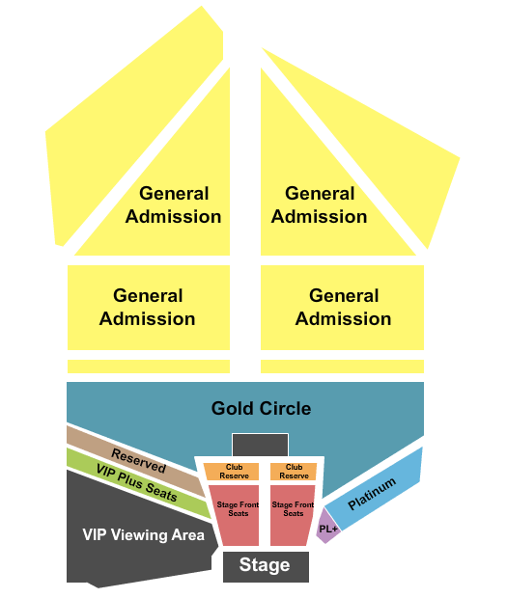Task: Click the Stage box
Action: [266, 566]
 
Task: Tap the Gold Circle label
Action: [261, 408]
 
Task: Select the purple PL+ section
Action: [327, 527]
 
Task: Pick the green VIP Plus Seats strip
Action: [137, 482]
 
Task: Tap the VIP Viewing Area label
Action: [143, 535]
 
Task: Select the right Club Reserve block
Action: [294, 472]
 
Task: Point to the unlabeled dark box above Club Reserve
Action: [260, 445]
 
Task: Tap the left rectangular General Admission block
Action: [149, 308]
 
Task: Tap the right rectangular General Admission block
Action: [342, 308]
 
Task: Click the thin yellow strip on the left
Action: [149, 367]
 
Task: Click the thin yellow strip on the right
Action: [342, 367]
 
